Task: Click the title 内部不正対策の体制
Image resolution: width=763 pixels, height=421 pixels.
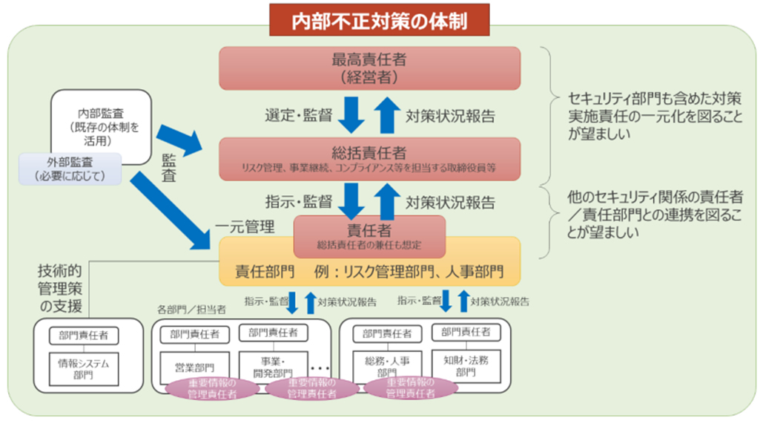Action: tap(379, 19)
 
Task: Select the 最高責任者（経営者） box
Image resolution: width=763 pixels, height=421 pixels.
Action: tap(379, 68)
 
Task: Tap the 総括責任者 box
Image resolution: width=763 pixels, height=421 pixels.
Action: tap(379, 158)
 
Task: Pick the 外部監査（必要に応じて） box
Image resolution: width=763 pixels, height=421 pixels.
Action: tap(70, 169)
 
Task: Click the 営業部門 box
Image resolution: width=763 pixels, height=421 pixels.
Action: tap(194, 367)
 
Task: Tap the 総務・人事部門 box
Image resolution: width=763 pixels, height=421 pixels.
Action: tap(386, 365)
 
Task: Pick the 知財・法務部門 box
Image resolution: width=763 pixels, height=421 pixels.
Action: tap(465, 365)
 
